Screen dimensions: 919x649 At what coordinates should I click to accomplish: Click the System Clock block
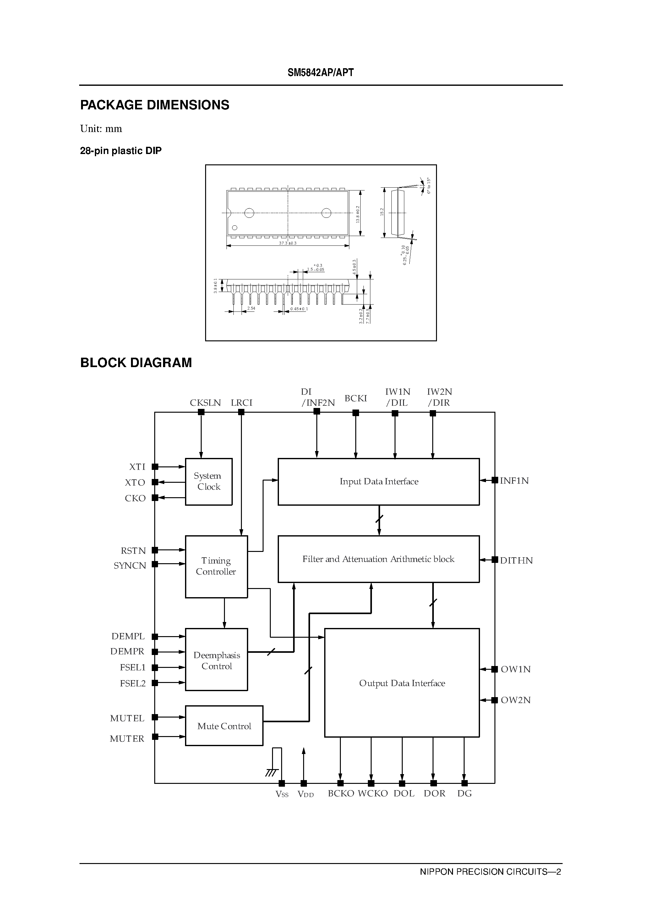coord(209,482)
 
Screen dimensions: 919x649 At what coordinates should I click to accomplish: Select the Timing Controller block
coord(216,566)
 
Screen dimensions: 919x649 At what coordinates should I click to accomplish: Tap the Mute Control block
coord(224,726)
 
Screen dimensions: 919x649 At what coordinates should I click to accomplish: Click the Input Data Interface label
coord(379,482)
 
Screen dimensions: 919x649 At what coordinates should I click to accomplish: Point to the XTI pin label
coord(137,467)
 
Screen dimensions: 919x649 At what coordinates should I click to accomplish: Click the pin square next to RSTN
coord(155,550)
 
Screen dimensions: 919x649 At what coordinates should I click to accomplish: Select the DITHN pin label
coord(516,560)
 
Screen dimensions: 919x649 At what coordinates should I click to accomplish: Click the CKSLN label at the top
coord(205,403)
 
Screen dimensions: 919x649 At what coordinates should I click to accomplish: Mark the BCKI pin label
coord(356,398)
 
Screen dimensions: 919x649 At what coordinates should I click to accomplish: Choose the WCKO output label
coord(373,793)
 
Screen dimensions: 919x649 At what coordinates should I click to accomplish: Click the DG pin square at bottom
coord(465,783)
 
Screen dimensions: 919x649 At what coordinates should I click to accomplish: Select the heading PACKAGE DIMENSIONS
coord(155,105)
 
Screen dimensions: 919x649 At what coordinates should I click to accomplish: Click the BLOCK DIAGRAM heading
coord(136,363)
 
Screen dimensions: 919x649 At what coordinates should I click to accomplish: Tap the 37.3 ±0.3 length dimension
coord(288,243)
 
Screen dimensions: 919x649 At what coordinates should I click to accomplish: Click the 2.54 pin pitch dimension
coord(251,309)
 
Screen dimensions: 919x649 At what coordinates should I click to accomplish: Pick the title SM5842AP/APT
coord(320,73)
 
